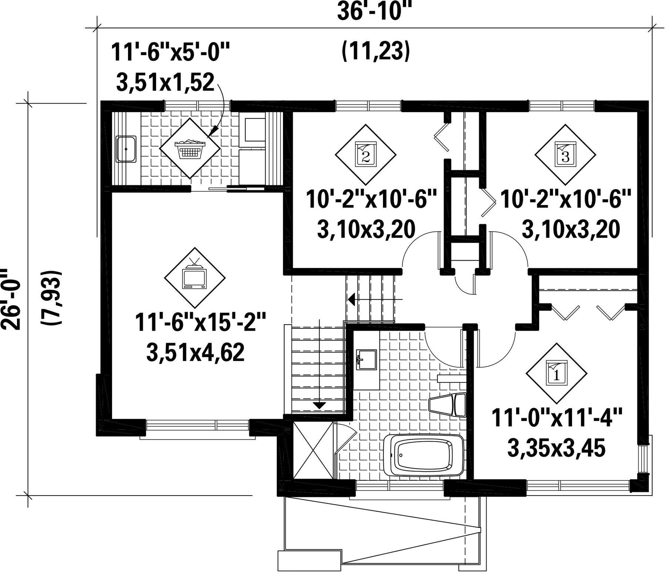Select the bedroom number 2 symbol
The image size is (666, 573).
[x=365, y=155]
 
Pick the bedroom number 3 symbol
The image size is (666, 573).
[x=565, y=155]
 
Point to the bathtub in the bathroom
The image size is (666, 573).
[x=424, y=455]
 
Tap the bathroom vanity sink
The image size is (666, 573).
[x=366, y=359]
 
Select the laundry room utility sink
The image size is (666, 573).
[x=126, y=149]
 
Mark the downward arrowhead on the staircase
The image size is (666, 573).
[x=319, y=405]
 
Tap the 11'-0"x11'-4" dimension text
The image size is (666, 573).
[x=557, y=418]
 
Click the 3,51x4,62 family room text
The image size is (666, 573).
[x=195, y=352]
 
